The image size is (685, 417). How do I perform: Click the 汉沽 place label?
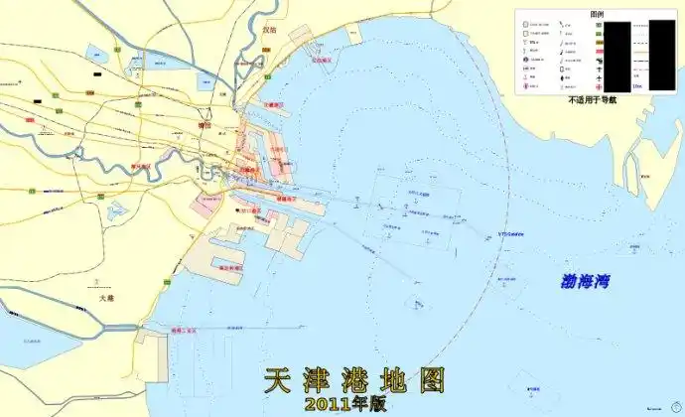tap(269, 31)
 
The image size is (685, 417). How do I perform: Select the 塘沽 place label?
tap(207, 125)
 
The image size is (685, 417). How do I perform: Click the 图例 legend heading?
tap(597, 14)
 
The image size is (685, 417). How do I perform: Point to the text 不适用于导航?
tap(593, 99)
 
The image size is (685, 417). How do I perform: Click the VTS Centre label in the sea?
tap(509, 234)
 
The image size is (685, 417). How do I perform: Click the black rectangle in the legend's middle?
tap(616, 57)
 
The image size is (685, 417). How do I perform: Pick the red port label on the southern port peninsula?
tap(230, 268)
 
